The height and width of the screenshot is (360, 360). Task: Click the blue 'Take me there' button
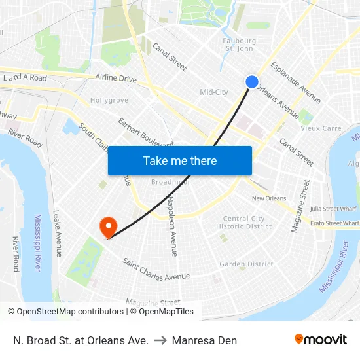point(180,160)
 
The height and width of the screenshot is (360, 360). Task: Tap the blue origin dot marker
point(252,81)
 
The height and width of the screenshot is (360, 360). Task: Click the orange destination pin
point(107,227)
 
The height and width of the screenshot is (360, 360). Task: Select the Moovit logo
point(321,340)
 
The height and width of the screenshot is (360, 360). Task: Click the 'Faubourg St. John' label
point(239,45)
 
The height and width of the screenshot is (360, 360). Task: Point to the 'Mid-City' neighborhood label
point(214,92)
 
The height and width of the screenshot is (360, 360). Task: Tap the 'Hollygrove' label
point(109,100)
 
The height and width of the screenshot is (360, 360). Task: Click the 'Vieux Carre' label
point(321,128)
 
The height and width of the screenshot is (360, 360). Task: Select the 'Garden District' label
point(246,264)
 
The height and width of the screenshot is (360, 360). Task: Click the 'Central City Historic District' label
point(243,223)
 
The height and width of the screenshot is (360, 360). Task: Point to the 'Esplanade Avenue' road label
point(296,83)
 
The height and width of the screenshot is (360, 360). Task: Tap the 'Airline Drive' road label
point(116,79)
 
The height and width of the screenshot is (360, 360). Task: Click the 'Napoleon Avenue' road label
point(172,226)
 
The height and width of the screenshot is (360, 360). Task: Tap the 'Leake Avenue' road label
point(58,233)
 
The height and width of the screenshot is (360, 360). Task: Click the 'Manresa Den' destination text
point(210,340)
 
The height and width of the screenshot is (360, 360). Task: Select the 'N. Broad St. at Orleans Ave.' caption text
point(81,340)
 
